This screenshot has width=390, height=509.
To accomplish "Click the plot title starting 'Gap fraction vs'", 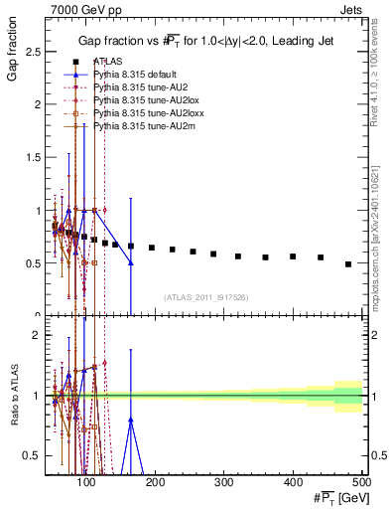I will click(x=206, y=40).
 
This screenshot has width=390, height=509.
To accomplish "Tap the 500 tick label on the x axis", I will click(x=361, y=483).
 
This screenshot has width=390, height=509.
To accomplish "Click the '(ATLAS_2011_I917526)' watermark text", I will click(x=205, y=296).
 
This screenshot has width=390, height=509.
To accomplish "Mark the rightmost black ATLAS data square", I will click(x=347, y=264).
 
